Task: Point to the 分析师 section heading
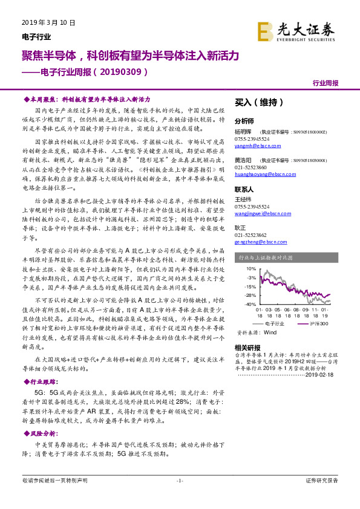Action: click(245, 120)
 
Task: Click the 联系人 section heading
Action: click(245, 189)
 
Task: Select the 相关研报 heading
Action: click(247, 348)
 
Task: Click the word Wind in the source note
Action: click(270, 332)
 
